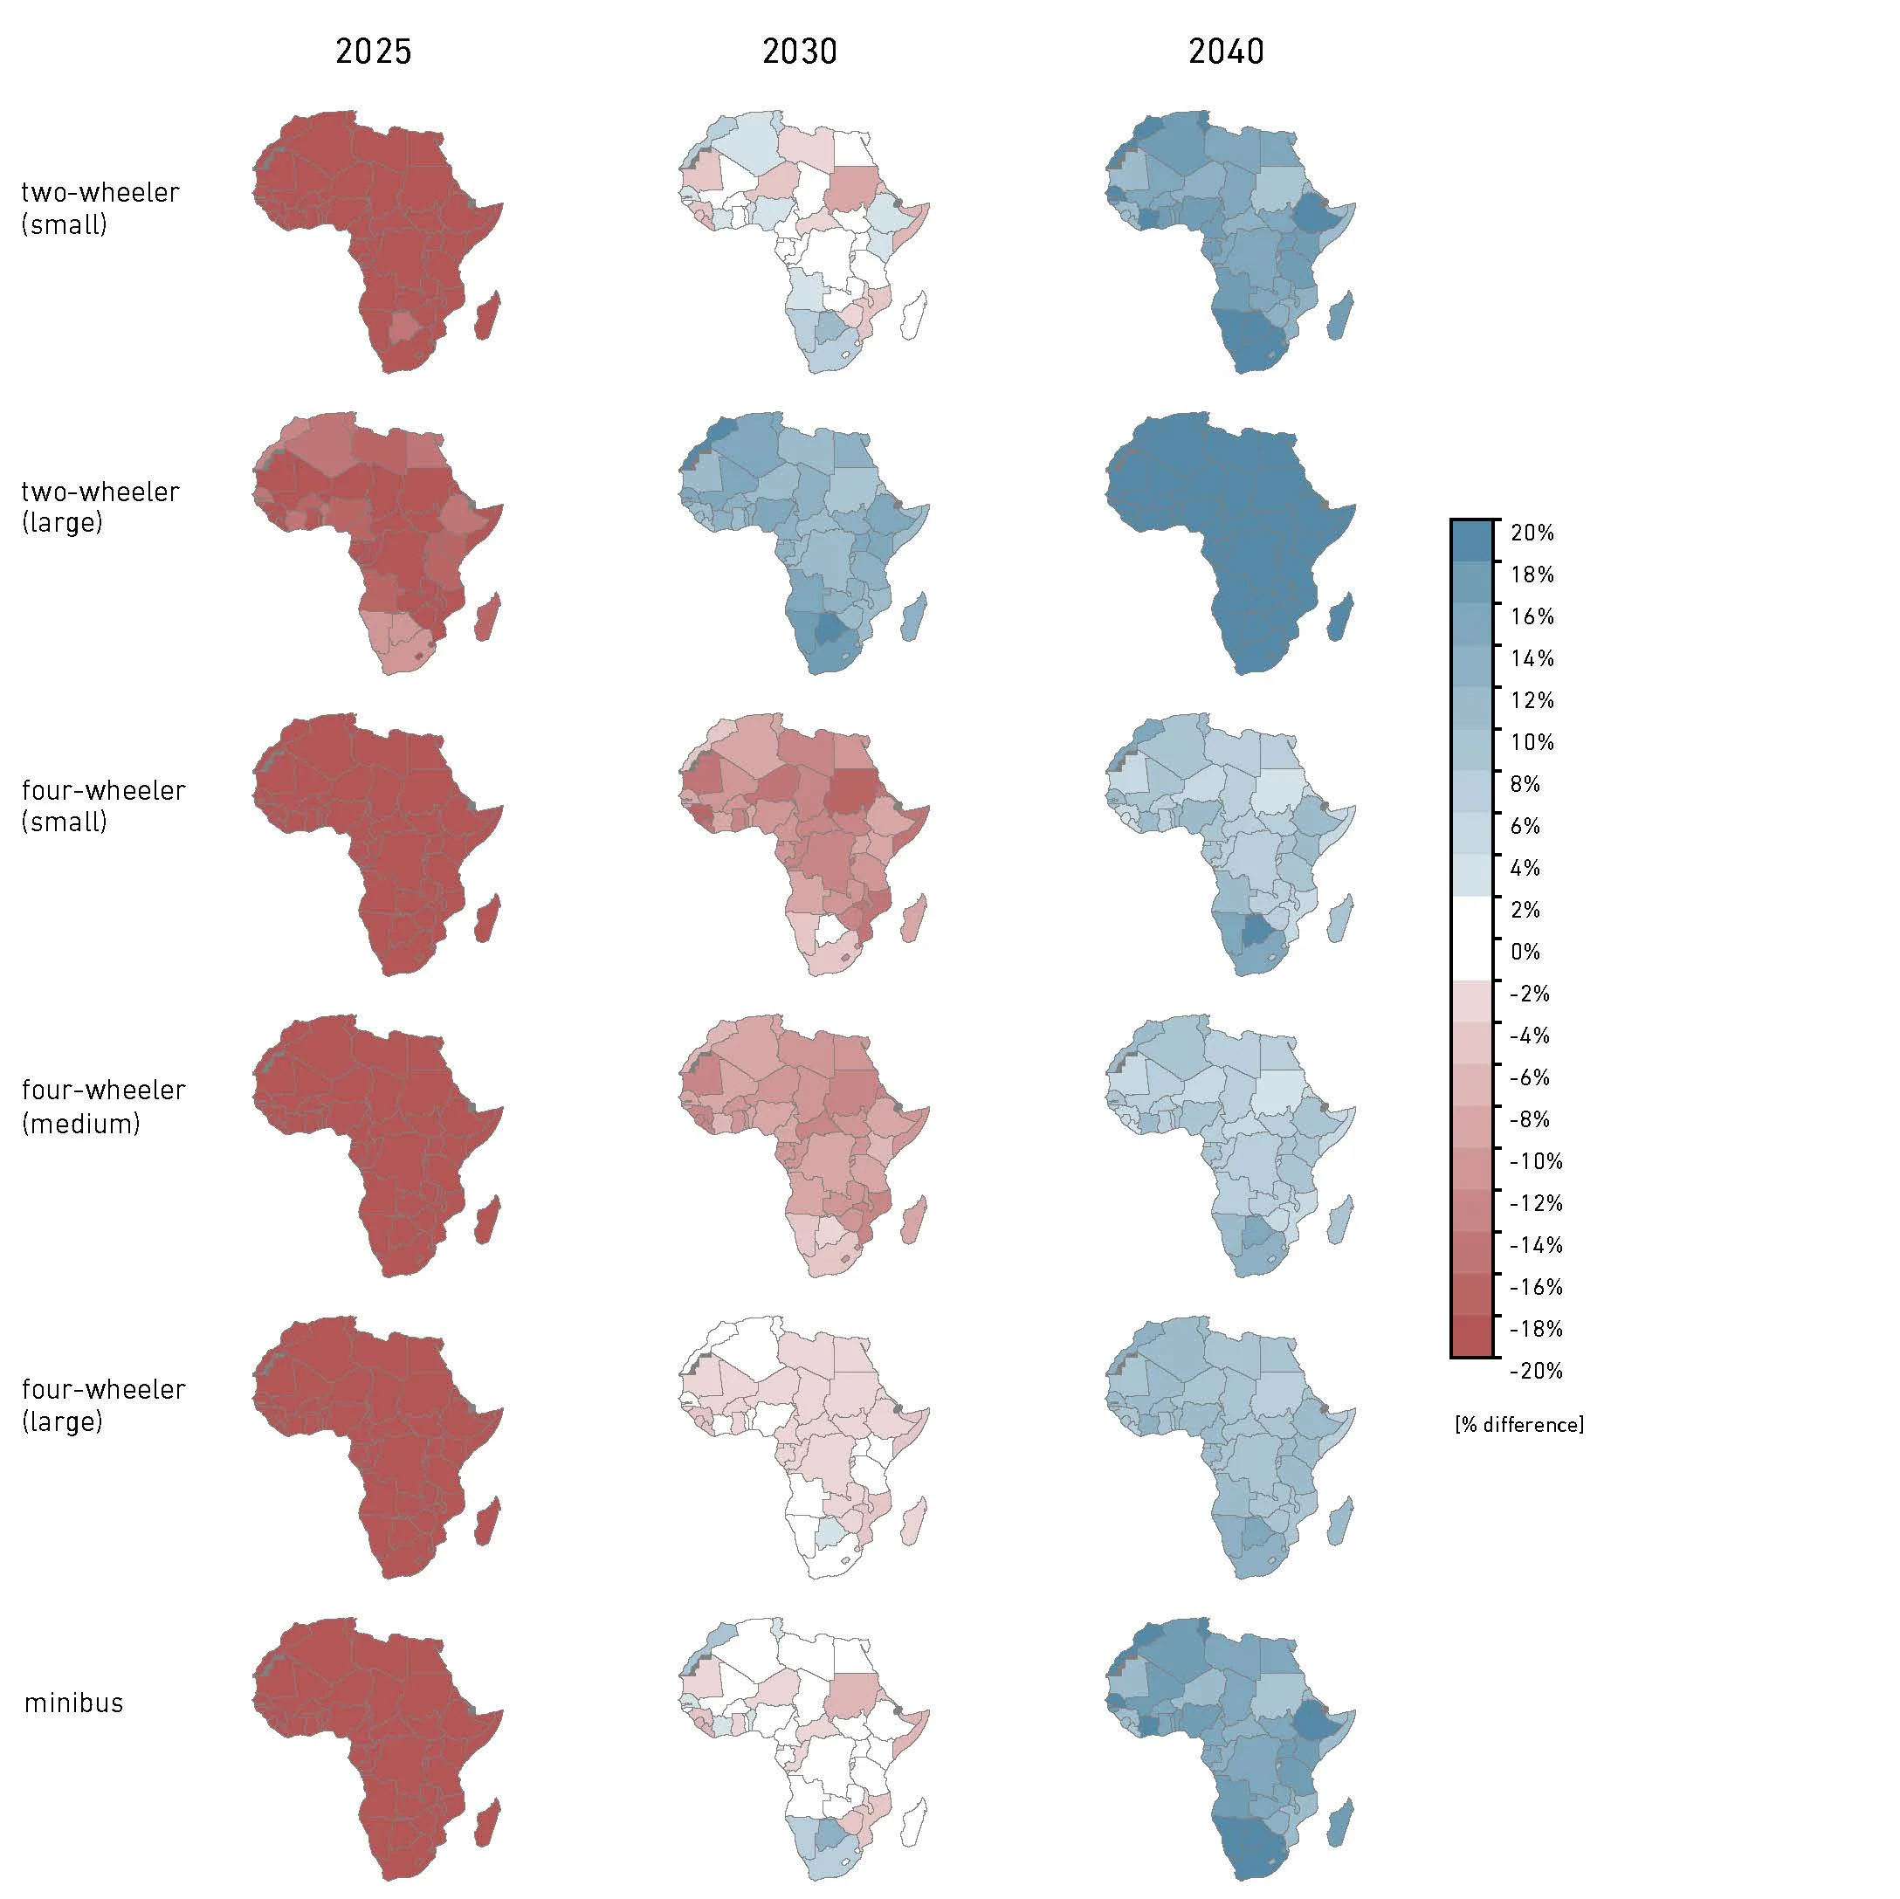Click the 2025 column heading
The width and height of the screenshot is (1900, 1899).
coord(373,52)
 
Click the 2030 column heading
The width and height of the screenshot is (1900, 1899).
coord(800,52)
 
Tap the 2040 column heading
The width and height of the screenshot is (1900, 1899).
coord(1225,52)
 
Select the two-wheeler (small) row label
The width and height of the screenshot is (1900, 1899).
coord(100,208)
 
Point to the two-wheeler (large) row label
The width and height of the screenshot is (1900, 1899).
coord(100,506)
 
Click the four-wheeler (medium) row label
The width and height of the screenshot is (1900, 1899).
coord(102,1106)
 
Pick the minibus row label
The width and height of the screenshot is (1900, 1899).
coord(73,1703)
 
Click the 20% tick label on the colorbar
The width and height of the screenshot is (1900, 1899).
coord(1532,533)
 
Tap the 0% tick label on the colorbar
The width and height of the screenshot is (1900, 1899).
coord(1525,952)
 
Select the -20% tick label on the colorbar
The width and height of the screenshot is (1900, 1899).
coord(1535,1371)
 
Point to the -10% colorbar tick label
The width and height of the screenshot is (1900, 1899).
coord(1535,1161)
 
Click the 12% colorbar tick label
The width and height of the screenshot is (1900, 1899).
coord(1532,700)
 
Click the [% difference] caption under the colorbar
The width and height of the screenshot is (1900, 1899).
coord(1518,1424)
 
